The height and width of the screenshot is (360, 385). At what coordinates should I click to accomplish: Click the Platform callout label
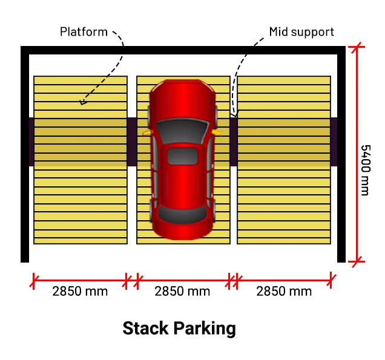point(84,31)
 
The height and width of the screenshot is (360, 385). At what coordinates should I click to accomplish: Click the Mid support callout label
point(301,31)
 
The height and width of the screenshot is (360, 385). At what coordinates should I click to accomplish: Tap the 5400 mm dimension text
point(364,170)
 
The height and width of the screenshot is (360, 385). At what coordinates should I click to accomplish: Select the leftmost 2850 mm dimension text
point(80,291)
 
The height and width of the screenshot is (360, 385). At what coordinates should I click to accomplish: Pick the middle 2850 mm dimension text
point(182,291)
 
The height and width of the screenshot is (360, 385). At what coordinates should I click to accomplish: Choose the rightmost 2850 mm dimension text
point(284,291)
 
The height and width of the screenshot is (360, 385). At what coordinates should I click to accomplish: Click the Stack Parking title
point(179,329)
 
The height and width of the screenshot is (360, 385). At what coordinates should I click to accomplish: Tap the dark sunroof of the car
point(183,155)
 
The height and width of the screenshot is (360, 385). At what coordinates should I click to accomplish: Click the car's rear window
point(183,213)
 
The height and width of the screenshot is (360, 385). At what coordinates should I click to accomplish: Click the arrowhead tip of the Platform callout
point(82,103)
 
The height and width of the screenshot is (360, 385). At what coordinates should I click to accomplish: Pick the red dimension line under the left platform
point(80,280)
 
